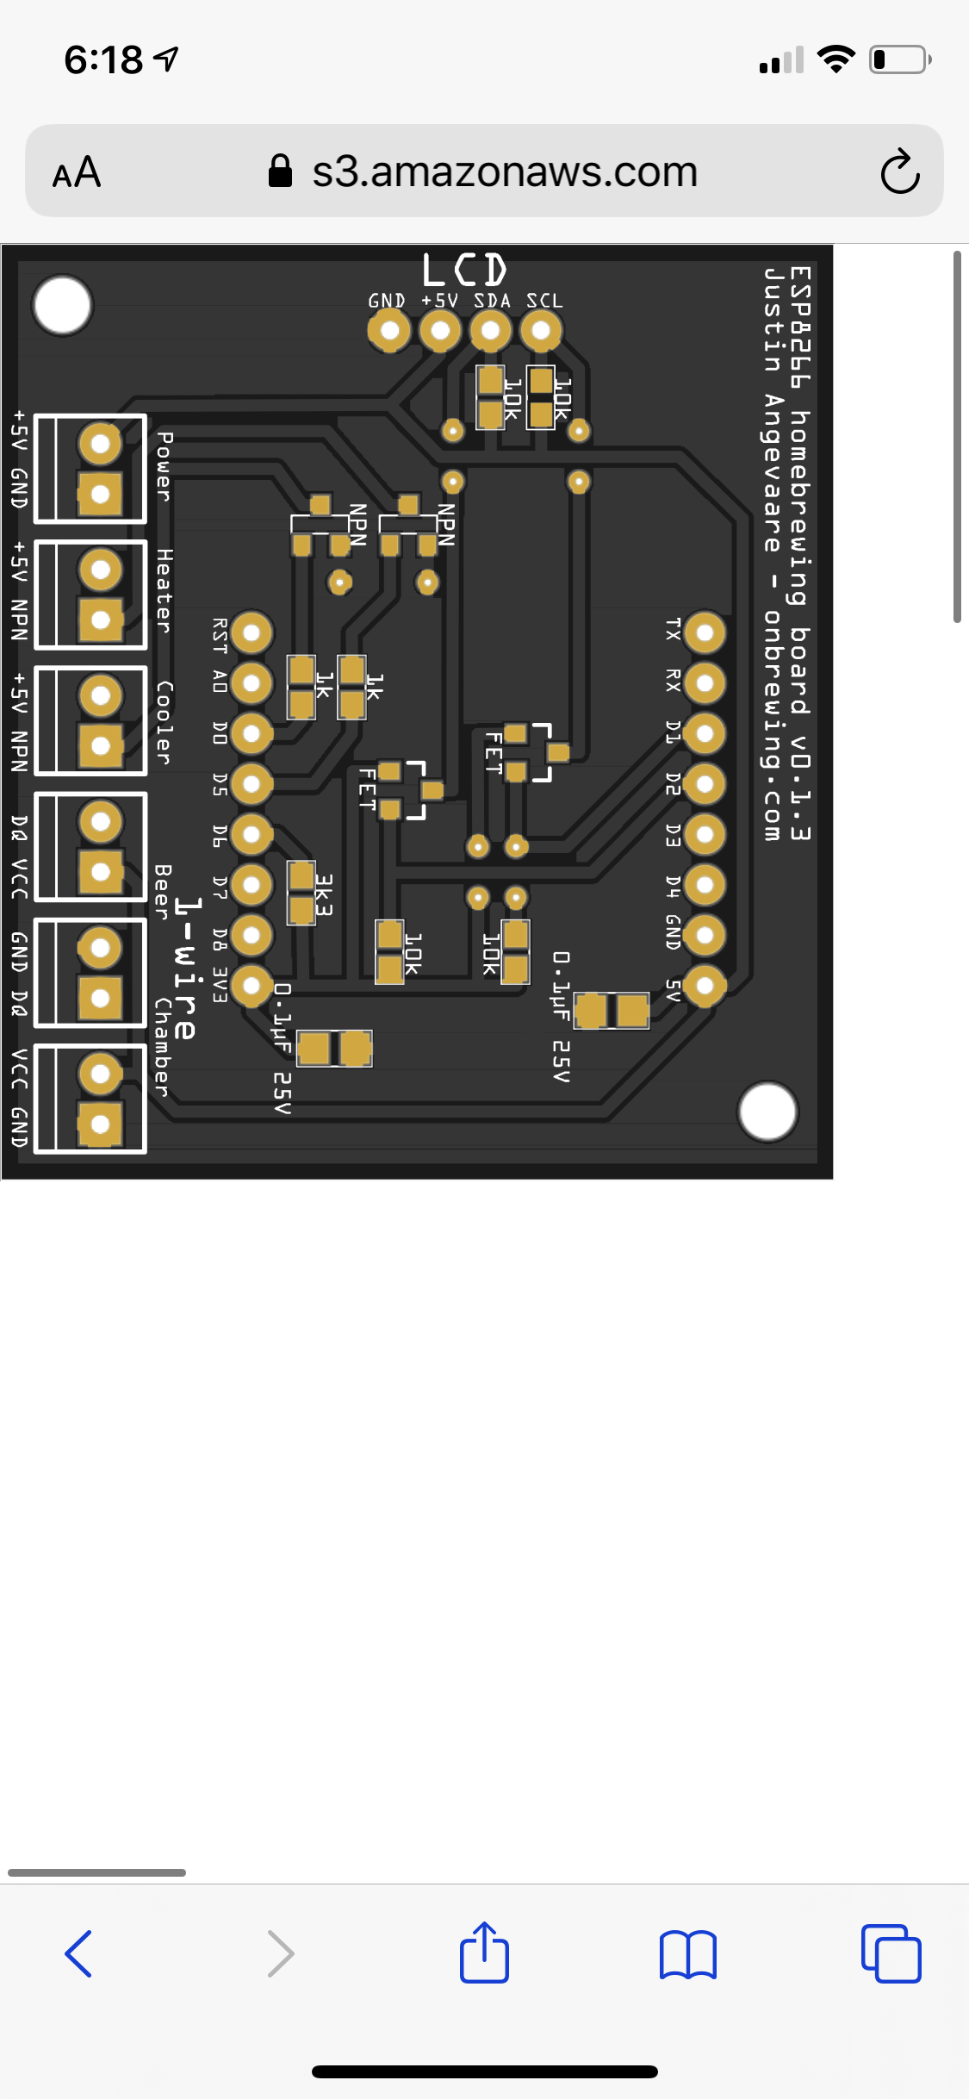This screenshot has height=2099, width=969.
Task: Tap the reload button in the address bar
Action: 900,171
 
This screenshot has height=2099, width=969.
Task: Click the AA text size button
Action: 77,172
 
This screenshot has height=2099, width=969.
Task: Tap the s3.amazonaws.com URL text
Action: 505,171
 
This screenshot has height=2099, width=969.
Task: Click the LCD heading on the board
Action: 464,270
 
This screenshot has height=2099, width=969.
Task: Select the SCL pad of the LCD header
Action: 541,330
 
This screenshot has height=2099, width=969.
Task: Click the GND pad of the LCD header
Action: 389,331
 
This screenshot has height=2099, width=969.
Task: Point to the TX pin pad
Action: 705,633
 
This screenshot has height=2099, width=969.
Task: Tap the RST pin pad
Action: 252,633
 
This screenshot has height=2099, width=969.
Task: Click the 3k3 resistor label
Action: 323,895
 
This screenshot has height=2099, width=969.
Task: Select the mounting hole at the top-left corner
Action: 62,305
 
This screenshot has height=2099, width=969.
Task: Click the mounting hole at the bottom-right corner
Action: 767,1112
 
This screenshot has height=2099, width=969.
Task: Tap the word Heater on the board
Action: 164,591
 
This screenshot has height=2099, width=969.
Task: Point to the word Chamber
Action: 162,1048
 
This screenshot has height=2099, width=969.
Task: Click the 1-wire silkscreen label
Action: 186,969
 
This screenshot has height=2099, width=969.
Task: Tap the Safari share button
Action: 484,1953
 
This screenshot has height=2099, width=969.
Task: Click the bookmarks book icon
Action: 687,1954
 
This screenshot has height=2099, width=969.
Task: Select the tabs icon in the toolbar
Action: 891,1953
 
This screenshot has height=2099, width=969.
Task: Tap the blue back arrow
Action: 78,1953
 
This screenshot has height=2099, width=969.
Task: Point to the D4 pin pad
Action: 705,885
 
